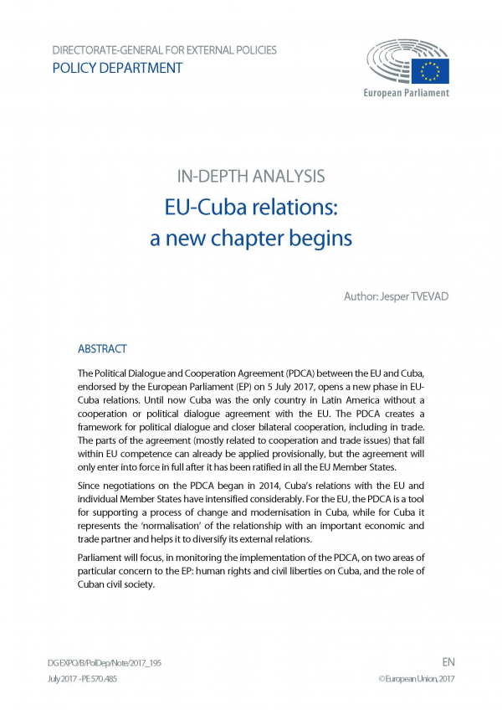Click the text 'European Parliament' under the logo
[x=406, y=92]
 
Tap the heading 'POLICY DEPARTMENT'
[x=117, y=69]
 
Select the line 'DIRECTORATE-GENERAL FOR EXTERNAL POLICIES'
[x=164, y=50]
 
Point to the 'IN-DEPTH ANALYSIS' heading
[x=251, y=177]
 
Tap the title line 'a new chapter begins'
[x=251, y=239]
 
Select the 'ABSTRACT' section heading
[x=102, y=348]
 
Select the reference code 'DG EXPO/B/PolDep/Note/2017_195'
[x=105, y=662]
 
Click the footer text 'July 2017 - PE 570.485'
[x=83, y=678]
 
